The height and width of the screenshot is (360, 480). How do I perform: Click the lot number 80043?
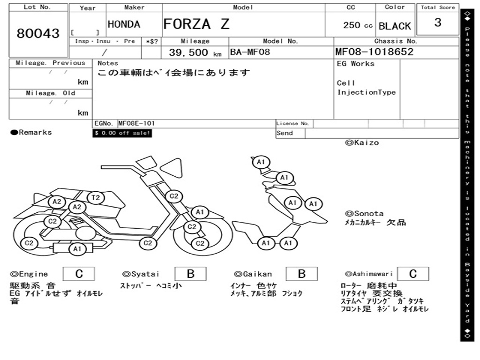pos(38,33)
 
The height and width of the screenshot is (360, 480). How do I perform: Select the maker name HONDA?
pos(124,24)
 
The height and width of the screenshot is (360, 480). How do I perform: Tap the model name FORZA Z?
pos(196,24)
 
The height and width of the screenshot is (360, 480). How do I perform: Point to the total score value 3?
pos(438,22)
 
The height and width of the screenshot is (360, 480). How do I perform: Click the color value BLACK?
pos(395,26)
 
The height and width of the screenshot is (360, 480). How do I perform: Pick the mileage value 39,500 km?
pos(195,52)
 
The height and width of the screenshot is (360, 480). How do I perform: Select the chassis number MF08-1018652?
pos(375,52)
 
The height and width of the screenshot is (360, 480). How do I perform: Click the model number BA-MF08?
pos(250,52)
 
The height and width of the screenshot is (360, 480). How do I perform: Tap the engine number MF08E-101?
pos(136,123)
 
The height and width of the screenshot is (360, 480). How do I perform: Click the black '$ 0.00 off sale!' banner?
pos(122,133)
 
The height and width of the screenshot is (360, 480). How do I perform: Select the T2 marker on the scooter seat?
pos(96,197)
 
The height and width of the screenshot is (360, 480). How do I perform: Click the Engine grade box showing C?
pos(79,274)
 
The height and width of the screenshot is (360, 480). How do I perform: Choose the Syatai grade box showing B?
pos(190,274)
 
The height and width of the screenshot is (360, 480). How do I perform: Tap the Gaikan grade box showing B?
pos(302,274)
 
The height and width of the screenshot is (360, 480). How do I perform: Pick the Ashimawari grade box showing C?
pos(413,274)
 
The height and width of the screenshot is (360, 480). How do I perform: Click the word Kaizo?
pos(367,142)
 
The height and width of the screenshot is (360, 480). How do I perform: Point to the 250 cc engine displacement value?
pos(358,25)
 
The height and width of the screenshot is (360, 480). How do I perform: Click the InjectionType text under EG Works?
pos(367,92)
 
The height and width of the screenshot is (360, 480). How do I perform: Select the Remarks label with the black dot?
pos(31,132)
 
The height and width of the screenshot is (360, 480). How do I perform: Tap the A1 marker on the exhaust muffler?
pos(77,248)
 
